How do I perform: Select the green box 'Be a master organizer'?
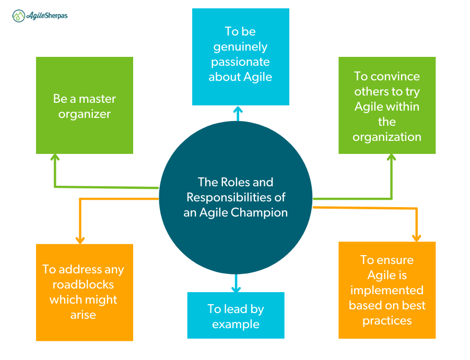84,105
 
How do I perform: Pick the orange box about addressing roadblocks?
84,292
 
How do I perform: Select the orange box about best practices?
387,290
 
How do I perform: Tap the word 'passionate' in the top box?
240,62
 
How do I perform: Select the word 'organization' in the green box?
387,137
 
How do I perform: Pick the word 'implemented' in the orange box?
387,290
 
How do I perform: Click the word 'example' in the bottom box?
236,324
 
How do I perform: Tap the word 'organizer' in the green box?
85,114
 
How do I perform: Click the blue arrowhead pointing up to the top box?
238,110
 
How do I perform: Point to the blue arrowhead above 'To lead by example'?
236,287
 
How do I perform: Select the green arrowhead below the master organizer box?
55,158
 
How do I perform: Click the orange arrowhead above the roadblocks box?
80,239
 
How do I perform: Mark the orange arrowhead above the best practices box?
416,237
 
